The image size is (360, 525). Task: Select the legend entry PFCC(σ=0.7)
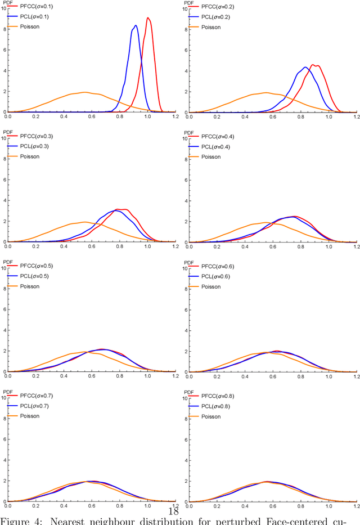pyautogui.click(x=38, y=397)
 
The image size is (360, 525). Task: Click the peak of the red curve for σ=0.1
pyautogui.click(x=148, y=18)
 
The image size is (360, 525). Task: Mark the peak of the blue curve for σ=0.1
pyautogui.click(x=135, y=25)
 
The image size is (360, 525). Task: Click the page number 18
pyautogui.click(x=174, y=511)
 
